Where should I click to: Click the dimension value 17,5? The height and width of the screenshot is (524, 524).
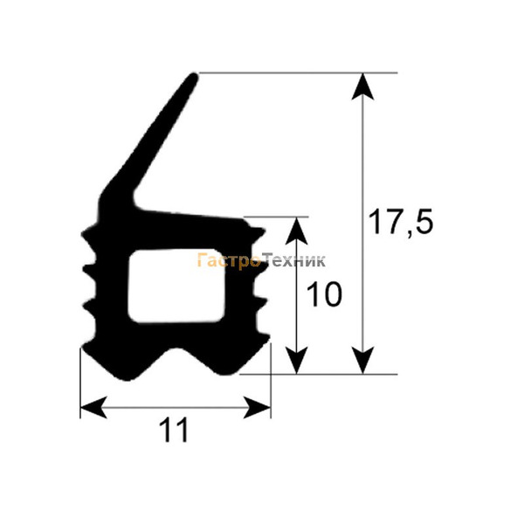[x=400, y=222]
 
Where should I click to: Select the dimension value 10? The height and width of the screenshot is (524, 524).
[x=324, y=294]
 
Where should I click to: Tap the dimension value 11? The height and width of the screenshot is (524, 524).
[x=174, y=430]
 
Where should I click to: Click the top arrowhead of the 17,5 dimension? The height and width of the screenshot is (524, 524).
[x=363, y=86]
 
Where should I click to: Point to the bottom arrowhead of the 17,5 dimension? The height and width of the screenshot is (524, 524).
[x=363, y=360]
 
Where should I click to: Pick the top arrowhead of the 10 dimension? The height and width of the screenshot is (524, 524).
[x=296, y=231]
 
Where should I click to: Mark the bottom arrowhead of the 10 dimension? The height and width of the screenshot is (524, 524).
[x=296, y=360]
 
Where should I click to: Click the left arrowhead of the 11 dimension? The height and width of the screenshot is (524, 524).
[x=93, y=407]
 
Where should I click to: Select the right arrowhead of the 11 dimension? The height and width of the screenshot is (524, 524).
[x=257, y=407]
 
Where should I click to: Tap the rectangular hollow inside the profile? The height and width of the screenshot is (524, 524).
[x=176, y=286]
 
